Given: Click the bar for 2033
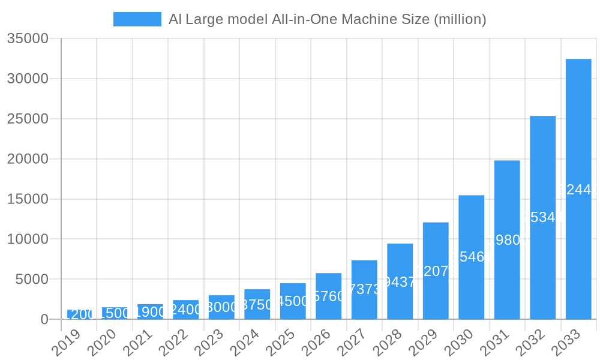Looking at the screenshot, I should tap(578, 189).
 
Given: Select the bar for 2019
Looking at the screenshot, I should tap(79, 314).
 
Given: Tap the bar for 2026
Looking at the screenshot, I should tap(328, 296).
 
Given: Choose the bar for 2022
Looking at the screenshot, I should tap(186, 310).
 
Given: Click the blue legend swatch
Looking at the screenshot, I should tap(137, 19).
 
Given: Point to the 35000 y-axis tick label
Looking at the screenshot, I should tap(28, 39).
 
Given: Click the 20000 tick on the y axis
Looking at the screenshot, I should tap(28, 159).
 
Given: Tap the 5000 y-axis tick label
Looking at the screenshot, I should tap(31, 280).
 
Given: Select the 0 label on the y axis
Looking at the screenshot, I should tap(44, 320).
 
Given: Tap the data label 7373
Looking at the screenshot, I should tap(364, 289).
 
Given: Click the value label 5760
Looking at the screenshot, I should tap(329, 296).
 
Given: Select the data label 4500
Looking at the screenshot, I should tap(293, 301).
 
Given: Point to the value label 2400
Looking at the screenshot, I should tap(186, 310).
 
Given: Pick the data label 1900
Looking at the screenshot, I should tap(150, 311).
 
